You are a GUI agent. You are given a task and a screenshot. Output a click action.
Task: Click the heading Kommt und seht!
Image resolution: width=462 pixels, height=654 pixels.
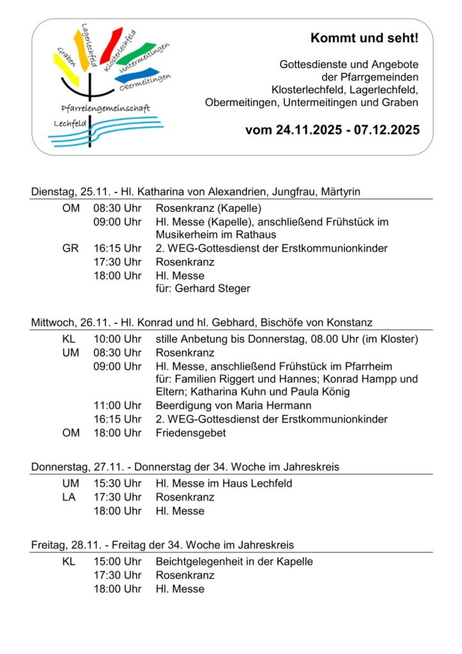[x=364, y=38]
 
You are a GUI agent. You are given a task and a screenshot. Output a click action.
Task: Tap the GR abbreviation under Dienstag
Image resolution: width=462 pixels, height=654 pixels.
[x=70, y=248]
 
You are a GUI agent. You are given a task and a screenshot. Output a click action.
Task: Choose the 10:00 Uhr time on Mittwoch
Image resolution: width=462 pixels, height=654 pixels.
[x=118, y=338]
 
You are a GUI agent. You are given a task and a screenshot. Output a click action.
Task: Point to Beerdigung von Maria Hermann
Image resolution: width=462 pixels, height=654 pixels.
[x=233, y=405]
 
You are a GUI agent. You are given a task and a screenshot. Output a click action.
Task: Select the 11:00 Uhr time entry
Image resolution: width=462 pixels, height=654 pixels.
[x=118, y=405]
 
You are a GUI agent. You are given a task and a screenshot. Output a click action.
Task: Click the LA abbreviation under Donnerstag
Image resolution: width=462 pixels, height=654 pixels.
[x=70, y=497]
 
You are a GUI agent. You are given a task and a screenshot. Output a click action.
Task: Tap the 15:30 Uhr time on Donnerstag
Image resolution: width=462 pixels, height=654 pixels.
[x=118, y=483]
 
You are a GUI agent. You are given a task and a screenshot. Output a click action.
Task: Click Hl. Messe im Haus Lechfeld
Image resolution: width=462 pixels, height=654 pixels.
[x=224, y=483]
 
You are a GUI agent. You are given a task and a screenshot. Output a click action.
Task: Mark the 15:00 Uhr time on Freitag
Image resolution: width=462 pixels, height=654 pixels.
[x=118, y=561]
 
